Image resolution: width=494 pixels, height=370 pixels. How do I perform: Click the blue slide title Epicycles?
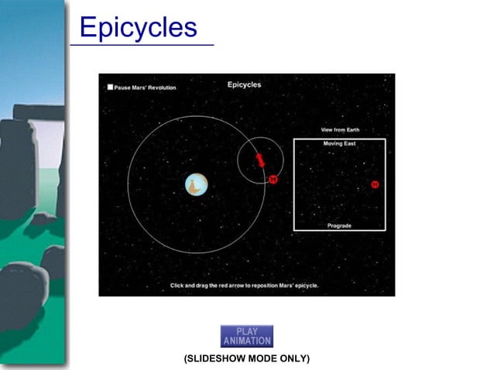(138, 28)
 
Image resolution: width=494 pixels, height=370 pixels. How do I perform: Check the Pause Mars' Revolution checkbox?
(111, 87)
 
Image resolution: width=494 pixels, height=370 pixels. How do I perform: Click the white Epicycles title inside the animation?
(244, 84)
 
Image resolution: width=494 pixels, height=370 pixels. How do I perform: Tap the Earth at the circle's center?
(196, 184)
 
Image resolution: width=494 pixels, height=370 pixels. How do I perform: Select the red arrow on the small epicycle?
(261, 160)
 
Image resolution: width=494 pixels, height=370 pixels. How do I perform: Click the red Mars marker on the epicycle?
(273, 180)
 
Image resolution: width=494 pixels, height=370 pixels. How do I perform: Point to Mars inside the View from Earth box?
(375, 184)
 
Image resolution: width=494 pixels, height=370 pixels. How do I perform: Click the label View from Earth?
(339, 130)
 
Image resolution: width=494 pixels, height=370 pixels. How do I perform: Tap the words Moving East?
(339, 145)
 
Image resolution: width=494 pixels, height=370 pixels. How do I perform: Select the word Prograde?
(339, 225)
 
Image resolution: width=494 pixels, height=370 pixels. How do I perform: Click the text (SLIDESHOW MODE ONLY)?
(246, 358)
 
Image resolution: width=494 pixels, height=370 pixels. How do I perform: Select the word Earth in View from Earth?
(351, 130)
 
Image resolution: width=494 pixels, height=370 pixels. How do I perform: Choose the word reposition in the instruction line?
(261, 286)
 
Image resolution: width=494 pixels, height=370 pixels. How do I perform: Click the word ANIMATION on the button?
(247, 341)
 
